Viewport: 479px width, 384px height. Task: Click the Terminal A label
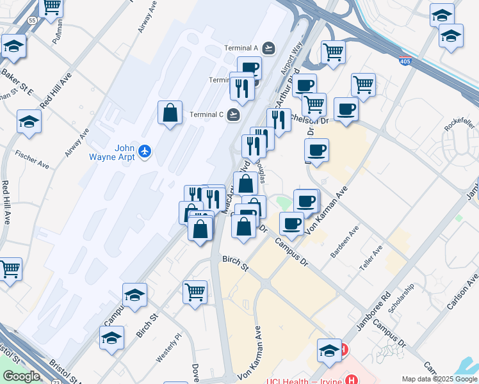point(240,48)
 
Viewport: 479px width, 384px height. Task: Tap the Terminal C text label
point(206,115)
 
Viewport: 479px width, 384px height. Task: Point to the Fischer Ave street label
point(32,160)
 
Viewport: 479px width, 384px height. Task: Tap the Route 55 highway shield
point(32,20)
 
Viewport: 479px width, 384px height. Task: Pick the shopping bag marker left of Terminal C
point(170,113)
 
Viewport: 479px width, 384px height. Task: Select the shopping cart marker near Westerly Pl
point(195,292)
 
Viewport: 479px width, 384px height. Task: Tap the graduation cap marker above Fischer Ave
point(29,122)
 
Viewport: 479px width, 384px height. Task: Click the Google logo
point(20,376)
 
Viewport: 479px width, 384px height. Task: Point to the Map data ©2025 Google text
point(440,379)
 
